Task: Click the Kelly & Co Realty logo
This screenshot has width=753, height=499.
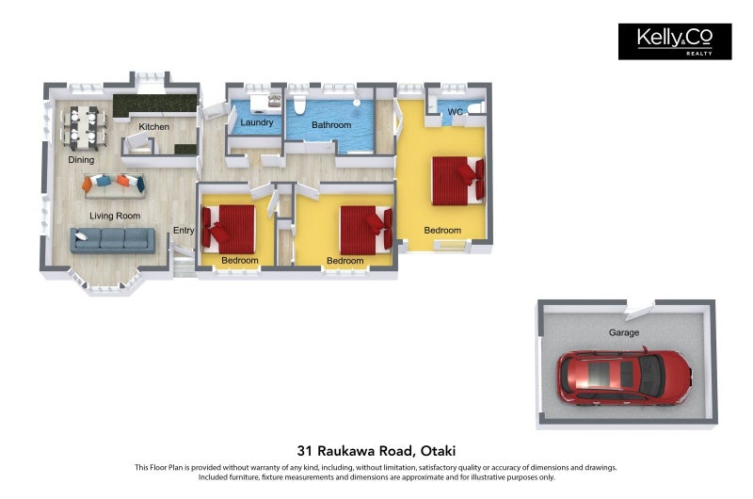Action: click(x=675, y=41)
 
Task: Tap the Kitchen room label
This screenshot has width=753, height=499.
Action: click(x=153, y=127)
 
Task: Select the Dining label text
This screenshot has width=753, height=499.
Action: click(x=81, y=160)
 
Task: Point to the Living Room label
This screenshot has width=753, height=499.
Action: click(x=115, y=217)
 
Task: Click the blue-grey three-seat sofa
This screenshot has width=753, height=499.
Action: click(x=113, y=240)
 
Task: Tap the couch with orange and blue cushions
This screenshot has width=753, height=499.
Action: click(x=114, y=185)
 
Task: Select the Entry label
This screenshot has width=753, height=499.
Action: click(x=184, y=231)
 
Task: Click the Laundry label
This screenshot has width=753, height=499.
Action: click(x=256, y=122)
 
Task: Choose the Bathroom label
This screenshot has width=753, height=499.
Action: click(x=331, y=125)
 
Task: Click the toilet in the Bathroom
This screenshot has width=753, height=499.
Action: click(x=299, y=105)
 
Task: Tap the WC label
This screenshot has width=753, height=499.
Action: click(x=456, y=112)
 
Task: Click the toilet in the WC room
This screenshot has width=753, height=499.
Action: click(x=476, y=108)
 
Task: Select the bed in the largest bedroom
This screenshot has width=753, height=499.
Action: click(x=458, y=180)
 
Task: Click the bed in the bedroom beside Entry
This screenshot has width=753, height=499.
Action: click(x=228, y=230)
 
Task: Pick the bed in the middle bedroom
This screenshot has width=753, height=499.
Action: click(x=366, y=230)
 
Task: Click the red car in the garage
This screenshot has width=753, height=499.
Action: click(x=624, y=378)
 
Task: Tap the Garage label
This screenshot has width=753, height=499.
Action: click(x=624, y=332)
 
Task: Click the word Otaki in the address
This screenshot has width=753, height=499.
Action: click(x=438, y=451)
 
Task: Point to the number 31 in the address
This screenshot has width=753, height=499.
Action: click(x=304, y=451)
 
